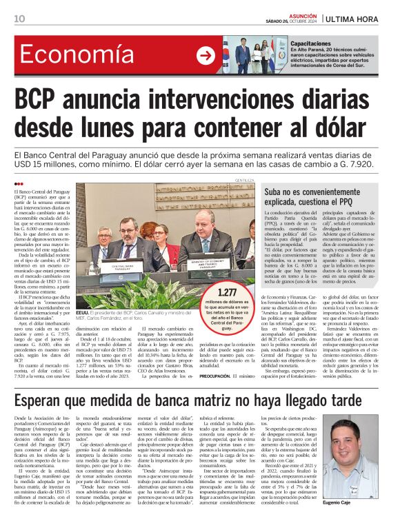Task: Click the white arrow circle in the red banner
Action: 206,56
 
